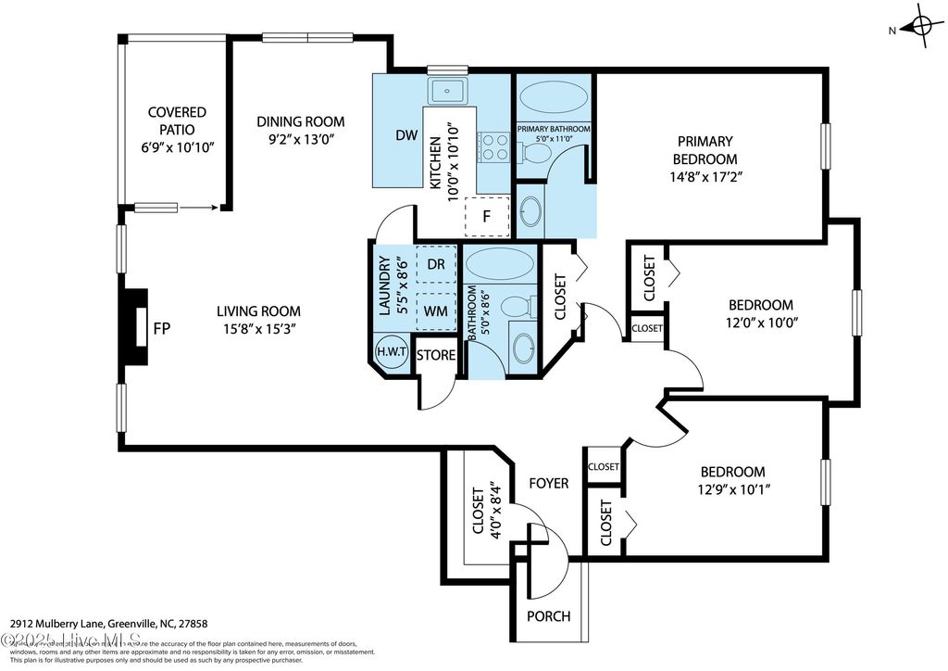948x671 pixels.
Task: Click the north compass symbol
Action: click(921, 28)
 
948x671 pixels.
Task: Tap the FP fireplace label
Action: click(162, 328)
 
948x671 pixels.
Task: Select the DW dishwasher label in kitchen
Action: click(406, 135)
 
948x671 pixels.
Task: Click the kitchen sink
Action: click(450, 91)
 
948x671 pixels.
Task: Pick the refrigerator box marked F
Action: click(485, 216)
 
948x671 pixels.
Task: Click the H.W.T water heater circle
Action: click(389, 352)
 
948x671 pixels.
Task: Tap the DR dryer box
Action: click(437, 263)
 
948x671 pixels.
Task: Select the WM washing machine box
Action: click(437, 310)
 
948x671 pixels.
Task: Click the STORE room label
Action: click(435, 355)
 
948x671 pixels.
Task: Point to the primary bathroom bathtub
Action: click(554, 97)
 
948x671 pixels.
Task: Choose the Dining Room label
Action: click(300, 121)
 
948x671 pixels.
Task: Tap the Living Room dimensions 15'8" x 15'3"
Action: click(258, 329)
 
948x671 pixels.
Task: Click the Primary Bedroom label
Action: click(705, 150)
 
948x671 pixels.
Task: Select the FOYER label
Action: click(548, 483)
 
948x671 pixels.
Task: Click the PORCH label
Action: click(548, 616)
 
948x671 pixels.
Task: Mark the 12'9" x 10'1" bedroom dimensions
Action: click(731, 489)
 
